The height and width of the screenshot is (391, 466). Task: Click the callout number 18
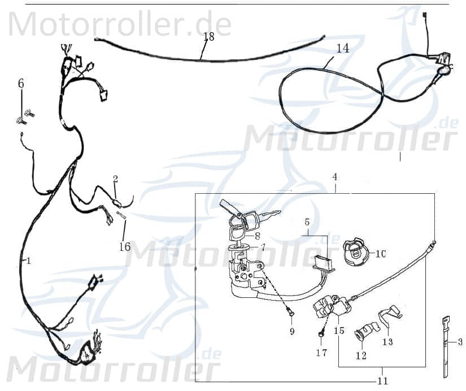pyautogui.click(x=208, y=37)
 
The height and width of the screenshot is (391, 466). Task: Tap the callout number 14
pyautogui.click(x=342, y=49)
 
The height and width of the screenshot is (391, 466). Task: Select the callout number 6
pyautogui.click(x=21, y=84)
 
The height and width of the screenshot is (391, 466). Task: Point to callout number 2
pyautogui.click(x=115, y=179)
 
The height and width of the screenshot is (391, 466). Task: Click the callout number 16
pyautogui.click(x=125, y=246)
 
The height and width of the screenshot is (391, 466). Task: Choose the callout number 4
pyautogui.click(x=334, y=177)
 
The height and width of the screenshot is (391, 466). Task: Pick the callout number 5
pyautogui.click(x=307, y=222)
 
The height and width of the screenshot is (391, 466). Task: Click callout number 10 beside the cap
pyautogui.click(x=380, y=254)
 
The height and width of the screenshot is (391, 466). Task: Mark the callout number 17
pyautogui.click(x=321, y=353)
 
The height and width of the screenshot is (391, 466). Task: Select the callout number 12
pyautogui.click(x=361, y=355)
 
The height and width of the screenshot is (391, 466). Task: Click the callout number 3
pyautogui.click(x=460, y=342)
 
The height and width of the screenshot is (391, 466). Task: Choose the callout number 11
pyautogui.click(x=383, y=381)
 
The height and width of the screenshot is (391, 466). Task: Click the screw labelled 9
pyautogui.click(x=289, y=310)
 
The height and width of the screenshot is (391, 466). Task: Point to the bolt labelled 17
pyautogui.click(x=320, y=334)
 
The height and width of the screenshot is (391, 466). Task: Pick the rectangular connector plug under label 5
pyautogui.click(x=322, y=262)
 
